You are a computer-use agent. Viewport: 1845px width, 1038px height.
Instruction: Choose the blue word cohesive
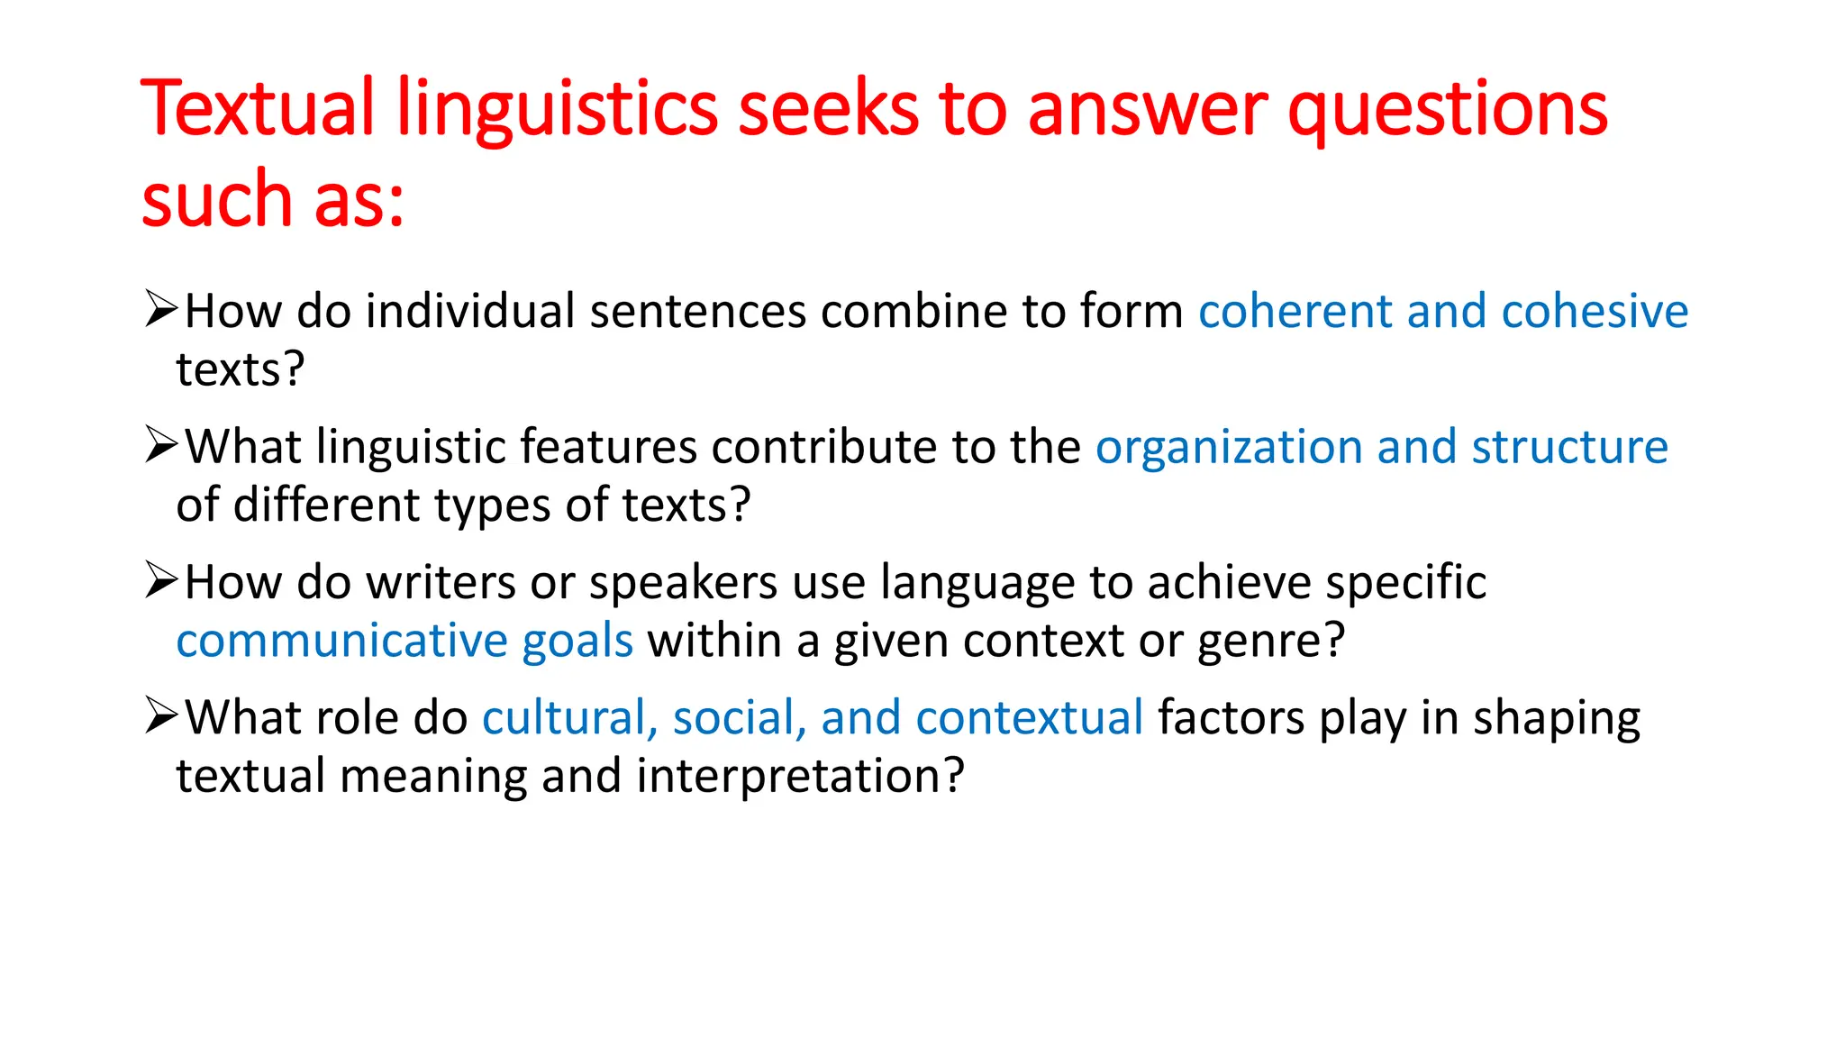click(x=1595, y=312)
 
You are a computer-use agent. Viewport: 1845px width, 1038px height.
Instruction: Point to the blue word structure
click(x=1569, y=447)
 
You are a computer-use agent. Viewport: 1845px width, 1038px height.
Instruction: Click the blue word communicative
click(x=341, y=641)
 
